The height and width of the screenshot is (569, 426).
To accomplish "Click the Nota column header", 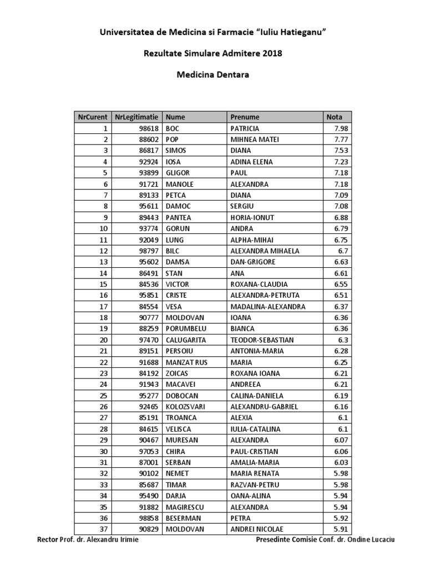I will pyautogui.click(x=334, y=117).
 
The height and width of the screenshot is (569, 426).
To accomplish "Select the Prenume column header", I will pyautogui.click(x=245, y=117).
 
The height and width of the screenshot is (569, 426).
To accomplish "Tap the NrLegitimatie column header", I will pyautogui.click(x=136, y=117).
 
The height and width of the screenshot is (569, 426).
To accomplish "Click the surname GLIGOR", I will pyautogui.click(x=177, y=173).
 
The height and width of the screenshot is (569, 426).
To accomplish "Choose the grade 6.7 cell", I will pyautogui.click(x=344, y=251).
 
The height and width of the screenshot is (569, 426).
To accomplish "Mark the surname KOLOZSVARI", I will pyautogui.click(x=186, y=407).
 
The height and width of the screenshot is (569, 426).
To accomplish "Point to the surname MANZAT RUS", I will pyautogui.click(x=185, y=362).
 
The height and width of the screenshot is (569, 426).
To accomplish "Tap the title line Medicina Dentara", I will pyautogui.click(x=213, y=74).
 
